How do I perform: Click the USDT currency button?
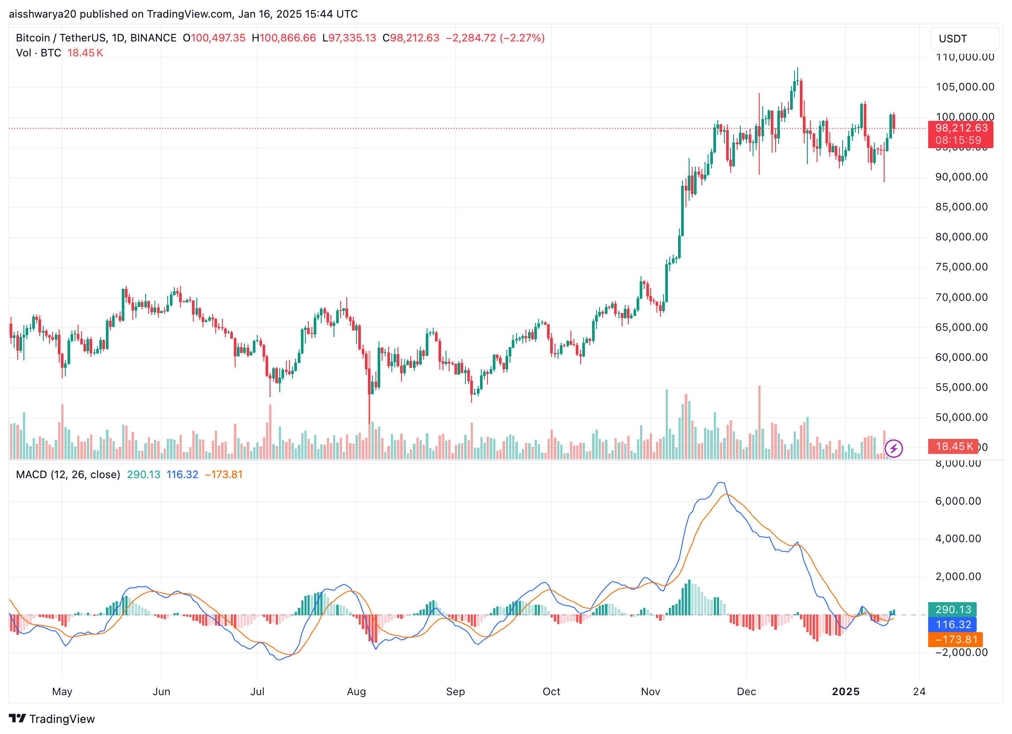click(964, 39)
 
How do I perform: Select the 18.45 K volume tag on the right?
click(953, 446)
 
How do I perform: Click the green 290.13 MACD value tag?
click(952, 609)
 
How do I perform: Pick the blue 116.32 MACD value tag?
click(952, 624)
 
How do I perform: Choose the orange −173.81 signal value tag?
click(956, 640)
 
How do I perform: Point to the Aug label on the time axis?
click(356, 691)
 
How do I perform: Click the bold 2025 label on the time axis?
click(845, 691)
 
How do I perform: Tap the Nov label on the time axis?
click(650, 691)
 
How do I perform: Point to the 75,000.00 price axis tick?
click(961, 267)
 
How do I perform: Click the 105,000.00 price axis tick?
click(965, 86)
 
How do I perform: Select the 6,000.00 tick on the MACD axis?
click(958, 501)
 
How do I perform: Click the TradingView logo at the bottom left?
click(52, 719)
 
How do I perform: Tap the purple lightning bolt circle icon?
click(893, 449)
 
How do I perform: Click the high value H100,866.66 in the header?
click(284, 38)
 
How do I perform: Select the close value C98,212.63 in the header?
click(411, 38)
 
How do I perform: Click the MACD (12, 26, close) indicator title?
click(68, 474)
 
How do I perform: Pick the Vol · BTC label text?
click(38, 53)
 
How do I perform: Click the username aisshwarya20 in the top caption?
click(42, 14)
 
